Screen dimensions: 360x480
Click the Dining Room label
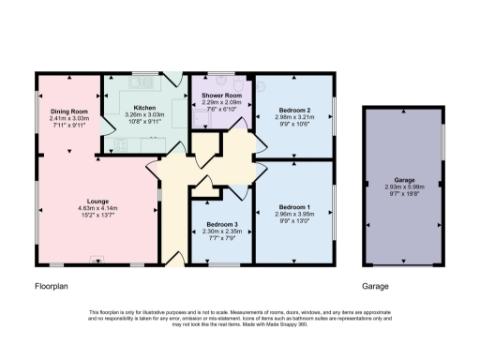click(x=68, y=111)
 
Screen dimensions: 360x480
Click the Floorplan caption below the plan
click(x=52, y=286)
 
